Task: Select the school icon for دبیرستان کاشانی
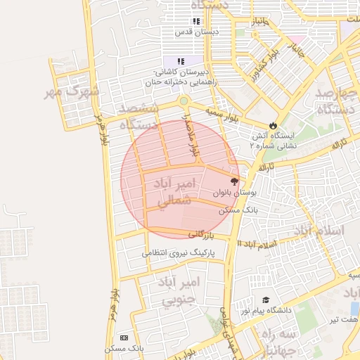[181, 62]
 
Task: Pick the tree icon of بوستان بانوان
[234, 181]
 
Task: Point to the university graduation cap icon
[266, 300]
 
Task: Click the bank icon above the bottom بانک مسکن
[124, 337]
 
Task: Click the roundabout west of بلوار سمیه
[184, 101]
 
